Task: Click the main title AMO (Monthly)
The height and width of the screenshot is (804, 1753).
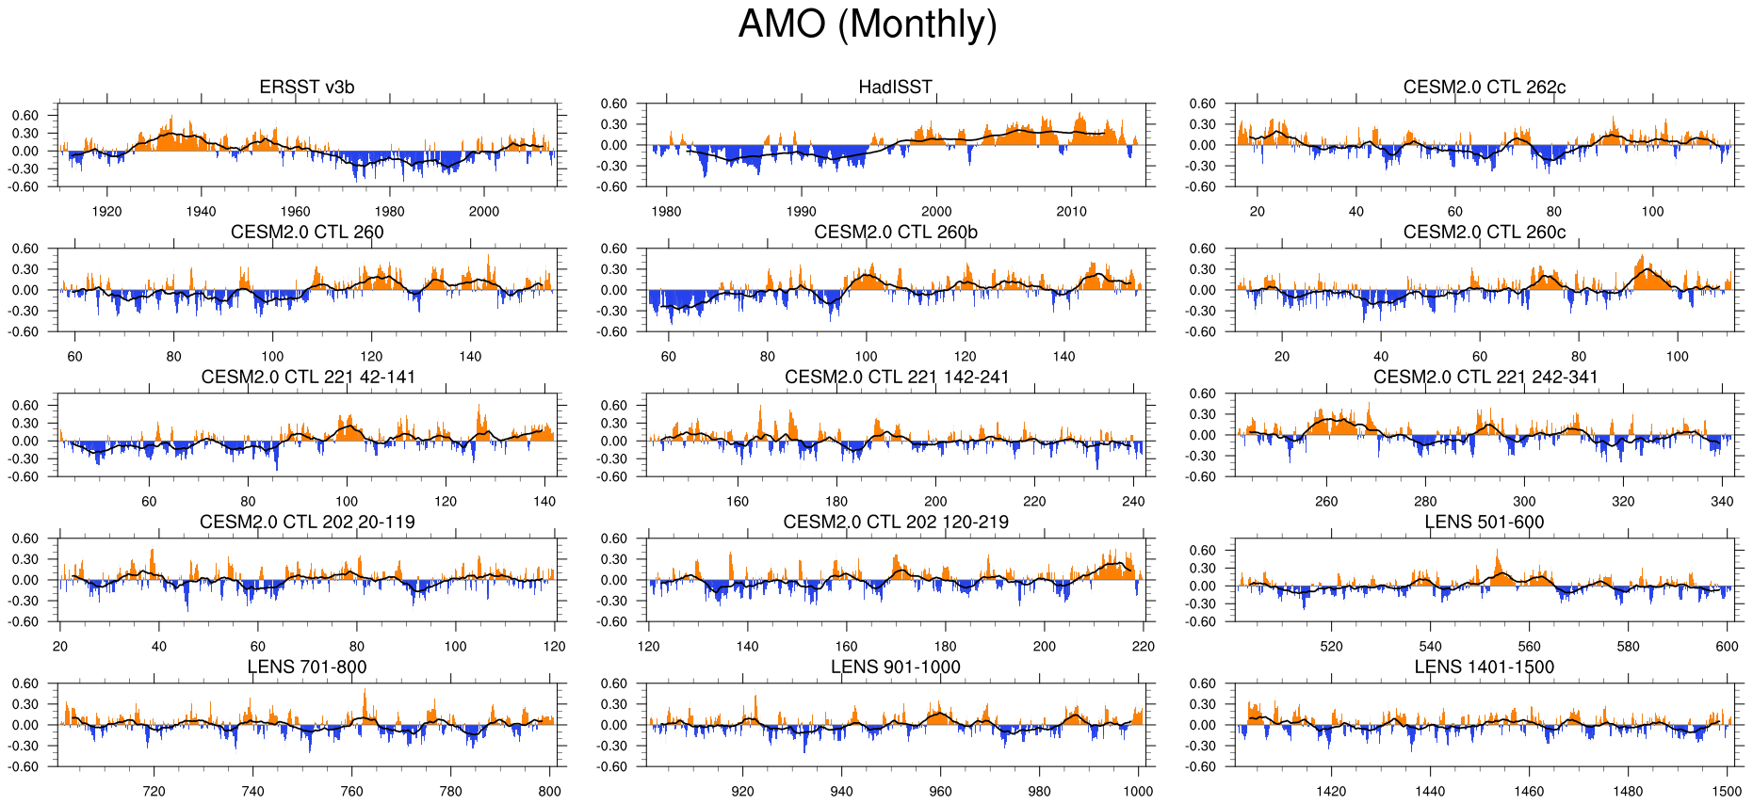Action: pyautogui.click(x=867, y=24)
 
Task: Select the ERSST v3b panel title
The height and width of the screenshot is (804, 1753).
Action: pyautogui.click(x=307, y=88)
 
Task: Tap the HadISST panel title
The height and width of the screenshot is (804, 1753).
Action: pyautogui.click(x=895, y=88)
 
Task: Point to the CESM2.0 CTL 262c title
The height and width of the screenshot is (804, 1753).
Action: pyautogui.click(x=1484, y=88)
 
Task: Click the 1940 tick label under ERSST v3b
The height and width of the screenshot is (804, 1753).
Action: pyautogui.click(x=201, y=212)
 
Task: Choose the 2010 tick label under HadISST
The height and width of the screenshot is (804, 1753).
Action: pyautogui.click(x=1071, y=212)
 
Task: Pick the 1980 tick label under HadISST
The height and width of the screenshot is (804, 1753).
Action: pyautogui.click(x=666, y=212)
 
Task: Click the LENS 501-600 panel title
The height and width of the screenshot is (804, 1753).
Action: pyautogui.click(x=1484, y=523)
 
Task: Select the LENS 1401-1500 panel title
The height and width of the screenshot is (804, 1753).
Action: pyautogui.click(x=1484, y=667)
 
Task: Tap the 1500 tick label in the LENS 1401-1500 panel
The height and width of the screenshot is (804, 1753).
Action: pyautogui.click(x=1727, y=792)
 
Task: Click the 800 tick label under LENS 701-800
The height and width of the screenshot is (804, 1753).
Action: pyautogui.click(x=549, y=792)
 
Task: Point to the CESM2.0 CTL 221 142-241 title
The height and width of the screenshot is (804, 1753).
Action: pyautogui.click(x=896, y=378)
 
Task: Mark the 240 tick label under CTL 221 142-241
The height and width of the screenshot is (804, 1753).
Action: pyautogui.click(x=1133, y=502)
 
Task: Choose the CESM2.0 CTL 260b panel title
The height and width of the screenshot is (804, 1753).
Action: pyautogui.click(x=896, y=233)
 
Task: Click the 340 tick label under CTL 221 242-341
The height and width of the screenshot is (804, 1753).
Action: pyautogui.click(x=1722, y=502)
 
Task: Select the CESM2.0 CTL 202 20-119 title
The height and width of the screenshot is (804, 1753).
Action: pyautogui.click(x=307, y=523)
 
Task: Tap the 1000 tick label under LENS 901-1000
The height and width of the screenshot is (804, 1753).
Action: pyautogui.click(x=1138, y=792)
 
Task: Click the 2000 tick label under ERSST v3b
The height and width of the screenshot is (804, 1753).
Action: pyautogui.click(x=484, y=212)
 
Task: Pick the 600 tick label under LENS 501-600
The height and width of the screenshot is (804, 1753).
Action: pyautogui.click(x=1727, y=647)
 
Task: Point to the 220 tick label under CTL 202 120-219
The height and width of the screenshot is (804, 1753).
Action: pyautogui.click(x=1143, y=647)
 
